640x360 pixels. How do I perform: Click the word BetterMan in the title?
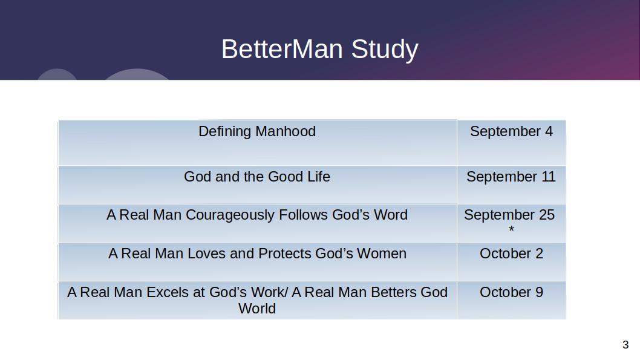[x=282, y=49]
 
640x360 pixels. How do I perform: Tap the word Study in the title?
[x=385, y=50]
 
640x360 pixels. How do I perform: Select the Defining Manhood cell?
[x=257, y=142]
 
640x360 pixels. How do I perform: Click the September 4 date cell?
[x=511, y=142]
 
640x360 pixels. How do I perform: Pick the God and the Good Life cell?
[x=257, y=185]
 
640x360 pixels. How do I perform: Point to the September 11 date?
[x=511, y=177]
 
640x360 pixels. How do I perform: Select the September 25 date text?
[x=509, y=215]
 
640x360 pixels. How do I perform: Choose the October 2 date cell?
[x=511, y=261]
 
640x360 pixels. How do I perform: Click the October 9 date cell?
[x=511, y=300]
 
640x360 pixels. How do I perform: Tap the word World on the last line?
[x=257, y=309]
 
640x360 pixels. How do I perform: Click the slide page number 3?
[x=625, y=345]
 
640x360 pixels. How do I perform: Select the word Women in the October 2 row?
[x=382, y=254]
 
